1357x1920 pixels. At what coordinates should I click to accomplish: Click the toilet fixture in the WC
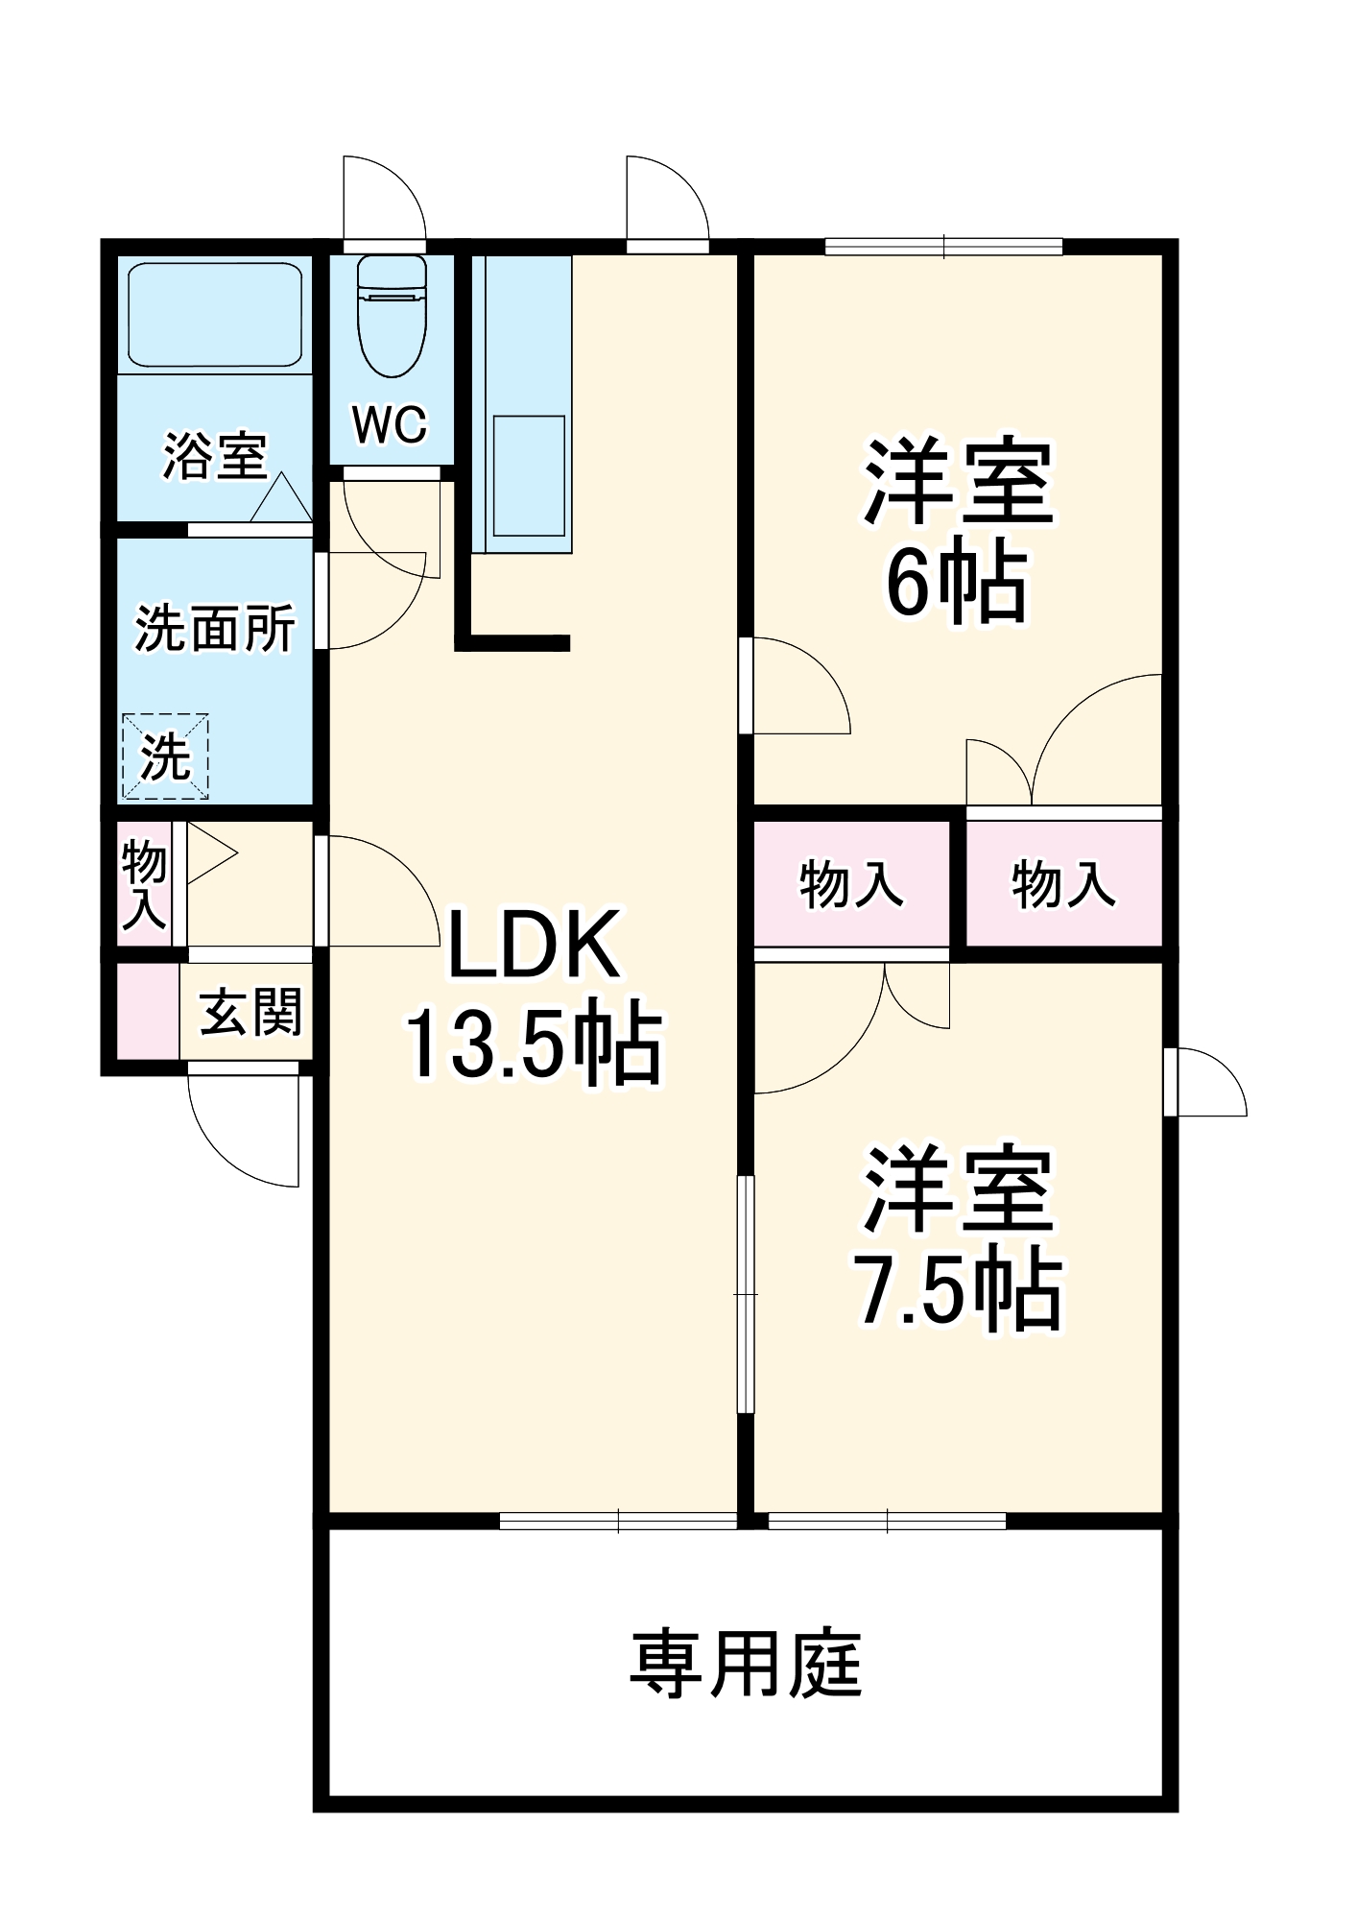[x=392, y=317]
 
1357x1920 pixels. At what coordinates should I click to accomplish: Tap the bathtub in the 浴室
[x=215, y=315]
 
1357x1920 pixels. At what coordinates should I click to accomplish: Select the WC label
[x=390, y=423]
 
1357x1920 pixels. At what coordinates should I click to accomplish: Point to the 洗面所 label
[x=215, y=629]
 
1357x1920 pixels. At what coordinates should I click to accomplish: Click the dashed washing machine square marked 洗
[x=165, y=756]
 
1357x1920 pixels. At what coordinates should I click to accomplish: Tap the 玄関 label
[x=250, y=1012]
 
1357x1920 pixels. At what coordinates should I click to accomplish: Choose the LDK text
[x=534, y=946]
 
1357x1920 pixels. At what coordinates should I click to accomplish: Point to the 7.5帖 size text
[x=959, y=1290]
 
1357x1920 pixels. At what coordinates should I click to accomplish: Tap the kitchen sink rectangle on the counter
[x=528, y=475]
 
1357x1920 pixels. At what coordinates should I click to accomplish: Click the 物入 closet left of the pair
[x=851, y=884]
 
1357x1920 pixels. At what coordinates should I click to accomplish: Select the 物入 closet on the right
[x=1063, y=884]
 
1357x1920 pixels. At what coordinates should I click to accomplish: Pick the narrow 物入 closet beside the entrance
[x=144, y=883]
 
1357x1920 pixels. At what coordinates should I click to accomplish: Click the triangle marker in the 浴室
[x=281, y=499]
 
